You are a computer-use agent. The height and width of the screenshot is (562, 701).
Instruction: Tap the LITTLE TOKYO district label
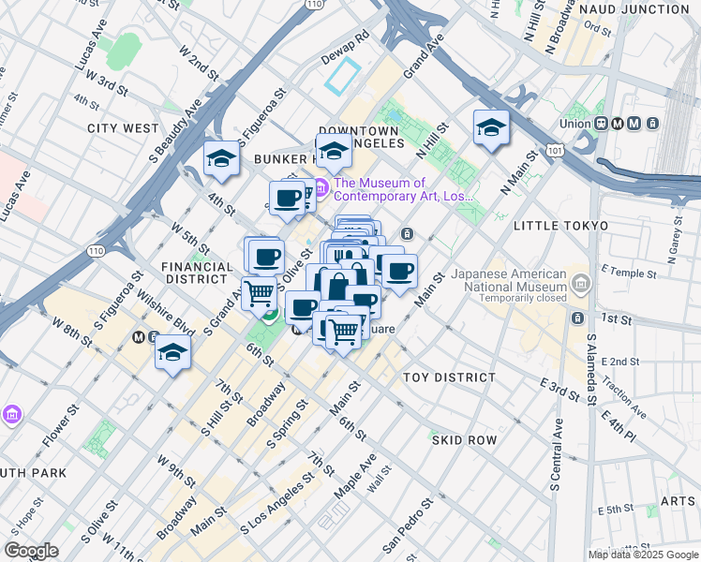[x=560, y=226]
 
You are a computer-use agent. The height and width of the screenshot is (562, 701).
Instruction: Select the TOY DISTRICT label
[x=449, y=377]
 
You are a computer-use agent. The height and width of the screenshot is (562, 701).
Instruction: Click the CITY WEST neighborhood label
[x=123, y=127]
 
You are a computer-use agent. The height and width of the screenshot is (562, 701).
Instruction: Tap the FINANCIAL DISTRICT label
[x=197, y=273]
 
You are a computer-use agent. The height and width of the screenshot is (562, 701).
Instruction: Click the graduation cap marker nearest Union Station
[x=490, y=128]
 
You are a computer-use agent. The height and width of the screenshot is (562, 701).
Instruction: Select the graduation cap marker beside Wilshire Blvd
[x=173, y=352]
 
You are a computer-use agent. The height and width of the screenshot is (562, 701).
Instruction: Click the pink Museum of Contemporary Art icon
[x=320, y=190]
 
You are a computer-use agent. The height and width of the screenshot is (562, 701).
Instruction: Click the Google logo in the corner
[x=32, y=551]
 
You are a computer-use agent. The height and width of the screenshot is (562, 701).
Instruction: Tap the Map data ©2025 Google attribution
[x=643, y=555]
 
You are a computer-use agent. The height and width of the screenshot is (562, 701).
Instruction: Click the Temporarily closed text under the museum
[x=521, y=298]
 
